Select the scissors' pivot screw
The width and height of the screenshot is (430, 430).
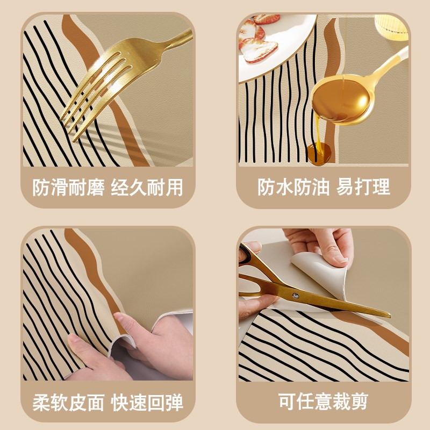tap(295, 295)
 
